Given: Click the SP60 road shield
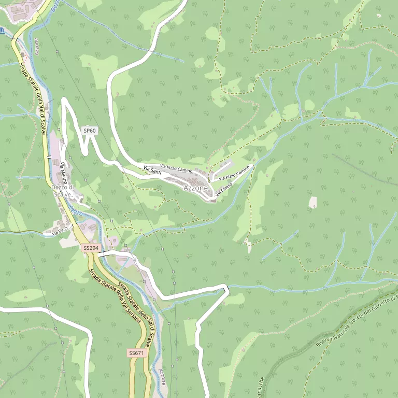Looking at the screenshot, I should coord(90,131).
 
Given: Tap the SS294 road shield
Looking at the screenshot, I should coord(91,248).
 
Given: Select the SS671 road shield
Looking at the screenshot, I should coord(136,353).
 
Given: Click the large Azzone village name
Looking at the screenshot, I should coord(195,188).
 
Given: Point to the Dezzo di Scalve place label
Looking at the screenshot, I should coord(63,191).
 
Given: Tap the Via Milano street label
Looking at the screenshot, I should coord(64,172).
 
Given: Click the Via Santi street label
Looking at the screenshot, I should coord(152,170).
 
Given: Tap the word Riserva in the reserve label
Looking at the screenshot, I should coord(326,338).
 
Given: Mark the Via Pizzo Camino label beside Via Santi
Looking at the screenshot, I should coord(176,168).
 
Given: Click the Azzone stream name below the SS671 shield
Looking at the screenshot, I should coord(163,376).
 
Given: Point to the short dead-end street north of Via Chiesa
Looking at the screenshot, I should coord(222,169).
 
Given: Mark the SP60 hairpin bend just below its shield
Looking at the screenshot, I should coord(83,151).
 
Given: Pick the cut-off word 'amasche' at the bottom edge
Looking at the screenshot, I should coord(261,387).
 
